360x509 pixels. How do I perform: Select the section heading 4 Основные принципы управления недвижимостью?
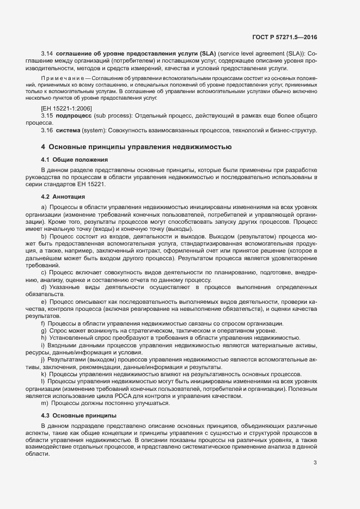[x=137, y=147]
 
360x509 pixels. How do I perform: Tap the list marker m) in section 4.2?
[x=45, y=403]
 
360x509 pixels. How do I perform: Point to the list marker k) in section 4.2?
[x=44, y=375]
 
